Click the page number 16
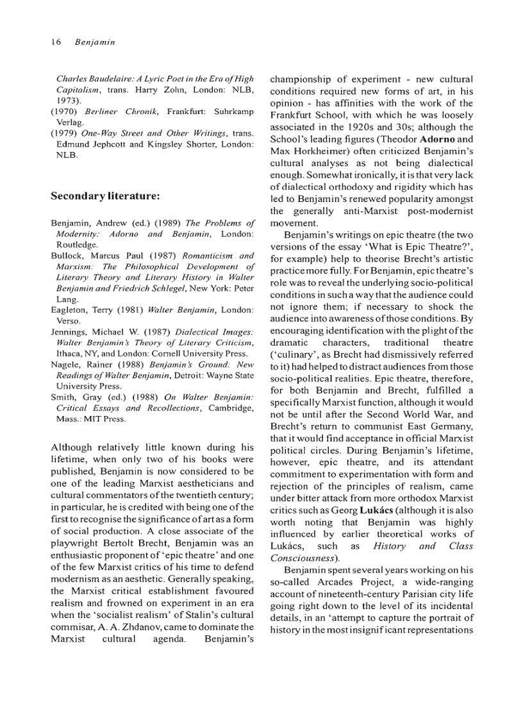55,42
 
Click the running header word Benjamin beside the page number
94,42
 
